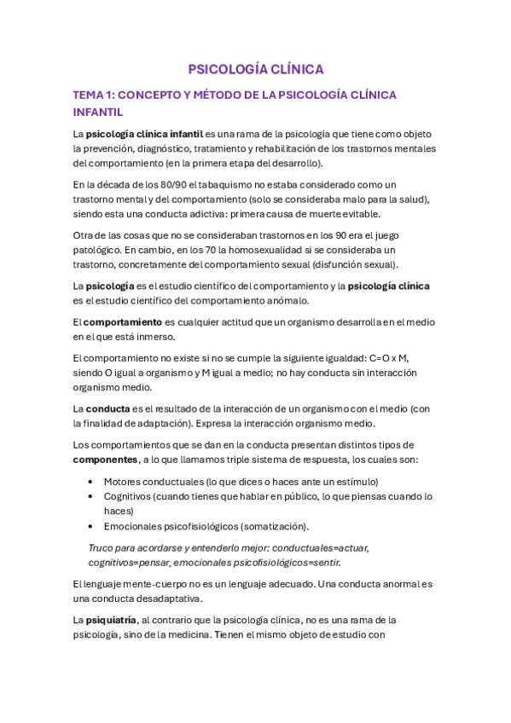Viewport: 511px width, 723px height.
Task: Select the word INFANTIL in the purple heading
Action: [x=98, y=112]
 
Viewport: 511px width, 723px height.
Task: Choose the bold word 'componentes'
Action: [x=106, y=459]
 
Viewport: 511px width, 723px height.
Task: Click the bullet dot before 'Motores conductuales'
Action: [x=91, y=482]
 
